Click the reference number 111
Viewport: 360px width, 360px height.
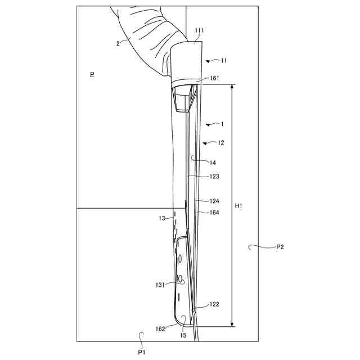click(x=199, y=30)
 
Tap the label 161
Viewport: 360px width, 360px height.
click(x=215, y=78)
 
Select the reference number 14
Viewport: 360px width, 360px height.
click(x=213, y=163)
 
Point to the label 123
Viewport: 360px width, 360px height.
click(x=214, y=176)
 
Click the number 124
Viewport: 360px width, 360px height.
click(x=214, y=201)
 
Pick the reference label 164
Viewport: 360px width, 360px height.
click(x=214, y=213)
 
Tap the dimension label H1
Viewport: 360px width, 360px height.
click(x=238, y=206)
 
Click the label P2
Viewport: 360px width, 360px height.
click(x=280, y=247)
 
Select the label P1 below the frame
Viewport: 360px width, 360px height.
click(x=142, y=352)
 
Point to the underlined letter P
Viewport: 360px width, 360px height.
click(x=92, y=74)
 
